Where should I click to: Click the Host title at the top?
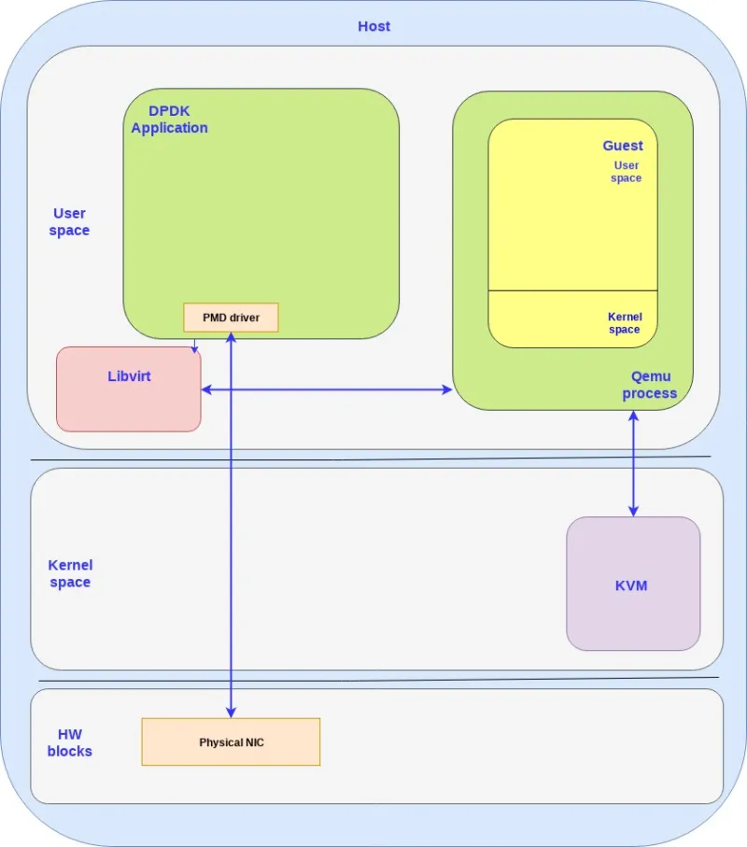pyautogui.click(x=373, y=26)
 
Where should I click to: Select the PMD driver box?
pyautogui.click(x=231, y=318)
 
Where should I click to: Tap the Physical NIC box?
pyautogui.click(x=231, y=742)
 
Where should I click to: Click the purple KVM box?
pyautogui.click(x=632, y=585)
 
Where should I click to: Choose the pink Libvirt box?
pyautogui.click(x=129, y=388)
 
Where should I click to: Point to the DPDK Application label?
pyautogui.click(x=169, y=120)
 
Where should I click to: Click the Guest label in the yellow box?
pyautogui.click(x=622, y=146)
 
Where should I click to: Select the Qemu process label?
pyautogui.click(x=650, y=385)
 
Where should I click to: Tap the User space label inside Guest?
pyautogui.click(x=626, y=172)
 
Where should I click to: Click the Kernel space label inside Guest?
pyautogui.click(x=625, y=323)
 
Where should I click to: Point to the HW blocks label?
pyautogui.click(x=70, y=742)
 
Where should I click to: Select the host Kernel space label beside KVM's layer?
pyautogui.click(x=70, y=573)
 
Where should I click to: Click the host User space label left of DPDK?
pyautogui.click(x=70, y=222)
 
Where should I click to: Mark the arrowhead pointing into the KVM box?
pyautogui.click(x=633, y=510)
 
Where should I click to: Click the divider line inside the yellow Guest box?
pyautogui.click(x=572, y=290)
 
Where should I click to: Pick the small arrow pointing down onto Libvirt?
pyautogui.click(x=194, y=349)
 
